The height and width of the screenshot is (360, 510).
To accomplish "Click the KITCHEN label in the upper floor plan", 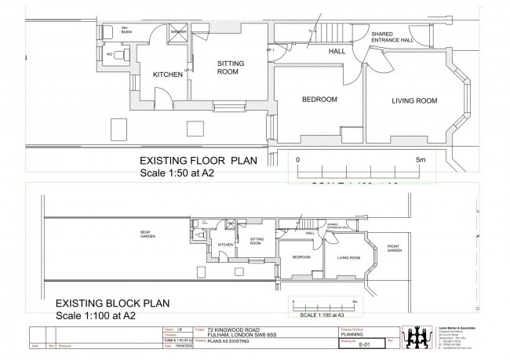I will pyautogui.click(x=166, y=75).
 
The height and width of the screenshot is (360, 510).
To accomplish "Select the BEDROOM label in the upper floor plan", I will pyautogui.click(x=320, y=99).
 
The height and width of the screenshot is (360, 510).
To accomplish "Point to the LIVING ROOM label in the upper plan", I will pyautogui.click(x=414, y=100).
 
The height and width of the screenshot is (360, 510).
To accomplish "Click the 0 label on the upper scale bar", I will pyautogui.click(x=297, y=159).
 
